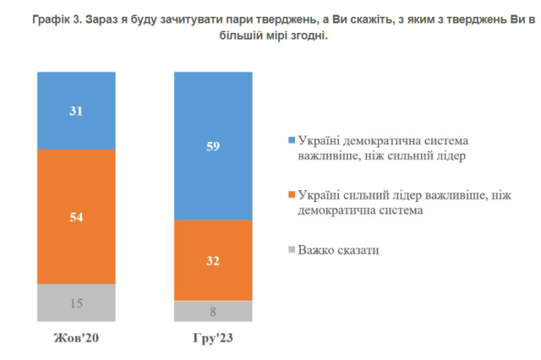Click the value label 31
76,110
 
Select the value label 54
76,216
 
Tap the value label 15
76,303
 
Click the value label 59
213,145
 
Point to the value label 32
213,260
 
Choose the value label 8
213,311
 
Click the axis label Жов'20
76,340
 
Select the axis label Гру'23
213,340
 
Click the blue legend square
292,139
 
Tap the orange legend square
292,195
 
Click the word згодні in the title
306,37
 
